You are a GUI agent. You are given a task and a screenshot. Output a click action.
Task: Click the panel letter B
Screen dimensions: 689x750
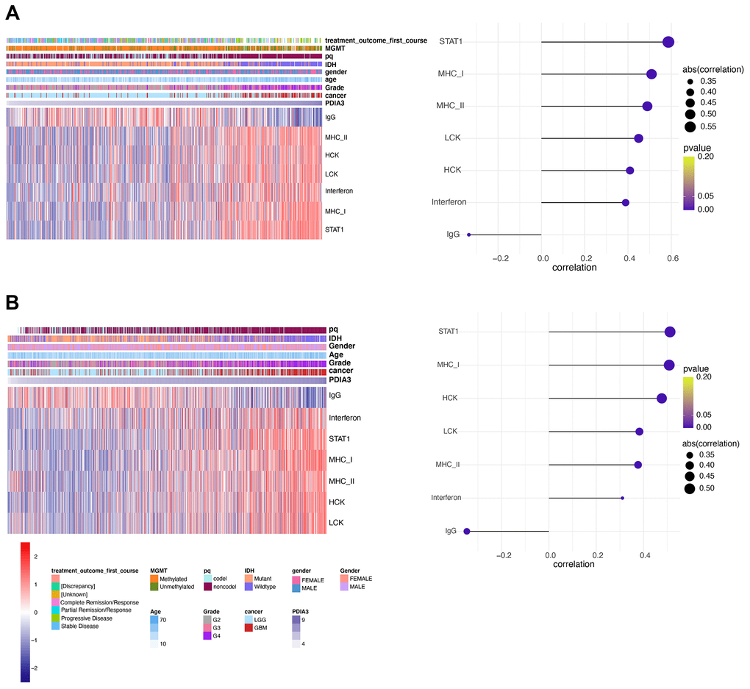13,301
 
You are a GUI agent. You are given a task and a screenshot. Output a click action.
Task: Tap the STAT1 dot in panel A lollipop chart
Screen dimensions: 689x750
668,42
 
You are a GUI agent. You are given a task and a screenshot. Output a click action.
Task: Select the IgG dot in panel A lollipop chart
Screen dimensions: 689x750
468,235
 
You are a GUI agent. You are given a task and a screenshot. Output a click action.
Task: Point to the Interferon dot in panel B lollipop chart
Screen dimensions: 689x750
622,498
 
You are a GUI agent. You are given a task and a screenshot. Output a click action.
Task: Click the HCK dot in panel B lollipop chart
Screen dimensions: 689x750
661,399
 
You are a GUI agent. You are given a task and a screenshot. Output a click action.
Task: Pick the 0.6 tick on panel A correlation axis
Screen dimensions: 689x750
671,259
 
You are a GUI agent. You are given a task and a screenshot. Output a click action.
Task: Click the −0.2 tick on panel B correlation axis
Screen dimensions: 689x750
503,555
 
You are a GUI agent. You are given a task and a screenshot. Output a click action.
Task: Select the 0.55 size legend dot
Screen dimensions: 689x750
690,126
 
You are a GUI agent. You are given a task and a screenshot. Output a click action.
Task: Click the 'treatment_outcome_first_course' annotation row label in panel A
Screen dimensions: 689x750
376,40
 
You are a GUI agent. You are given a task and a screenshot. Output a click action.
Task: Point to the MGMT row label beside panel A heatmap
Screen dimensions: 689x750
335,49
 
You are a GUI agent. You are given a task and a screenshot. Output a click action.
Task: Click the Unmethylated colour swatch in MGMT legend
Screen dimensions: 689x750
154,587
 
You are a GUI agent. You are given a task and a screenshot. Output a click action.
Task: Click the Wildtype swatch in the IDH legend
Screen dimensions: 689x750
249,587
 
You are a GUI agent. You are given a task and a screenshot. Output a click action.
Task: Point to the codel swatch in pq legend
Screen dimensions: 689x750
207,579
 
